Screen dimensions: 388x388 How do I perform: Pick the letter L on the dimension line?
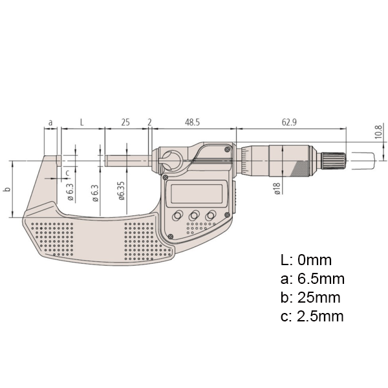[81, 122]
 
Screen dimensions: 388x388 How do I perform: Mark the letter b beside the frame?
[6, 190]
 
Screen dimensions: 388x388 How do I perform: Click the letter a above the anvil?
[50, 122]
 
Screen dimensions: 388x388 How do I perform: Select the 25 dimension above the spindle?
[125, 122]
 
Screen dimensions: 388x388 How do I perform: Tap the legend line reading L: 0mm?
[306, 261]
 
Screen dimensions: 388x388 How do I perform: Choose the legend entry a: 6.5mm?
[312, 279]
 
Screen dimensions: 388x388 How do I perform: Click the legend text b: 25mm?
[310, 298]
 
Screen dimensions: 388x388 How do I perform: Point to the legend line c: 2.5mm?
[312, 317]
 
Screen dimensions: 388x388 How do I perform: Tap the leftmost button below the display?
[177, 216]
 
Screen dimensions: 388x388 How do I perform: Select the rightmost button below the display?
[211, 216]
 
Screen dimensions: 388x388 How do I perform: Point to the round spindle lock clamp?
[172, 159]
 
